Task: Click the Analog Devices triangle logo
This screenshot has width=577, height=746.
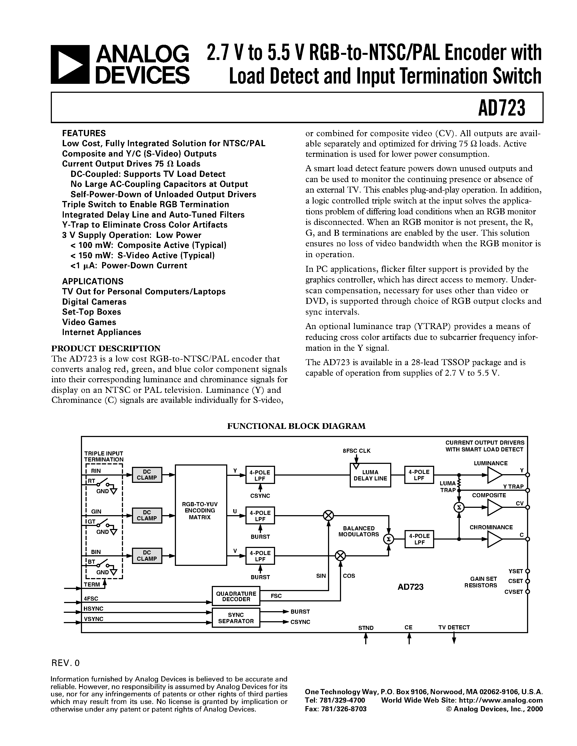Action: pyautogui.click(x=70, y=65)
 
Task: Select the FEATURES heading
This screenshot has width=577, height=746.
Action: pyautogui.click(x=84, y=133)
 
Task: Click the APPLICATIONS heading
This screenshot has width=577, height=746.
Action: pyautogui.click(x=93, y=281)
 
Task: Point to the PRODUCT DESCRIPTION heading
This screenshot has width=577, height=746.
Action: pyautogui.click(x=106, y=348)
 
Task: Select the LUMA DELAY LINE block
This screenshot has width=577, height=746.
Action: pyautogui.click(x=370, y=475)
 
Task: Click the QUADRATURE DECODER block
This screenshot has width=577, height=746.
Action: pyautogui.click(x=236, y=596)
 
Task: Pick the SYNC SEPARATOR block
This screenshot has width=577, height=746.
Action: pyautogui.click(x=236, y=618)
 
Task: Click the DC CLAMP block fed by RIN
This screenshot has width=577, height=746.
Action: pyautogui.click(x=147, y=474)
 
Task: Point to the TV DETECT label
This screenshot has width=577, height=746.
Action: pyautogui.click(x=454, y=627)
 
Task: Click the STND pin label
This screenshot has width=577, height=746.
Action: pyautogui.click(x=366, y=628)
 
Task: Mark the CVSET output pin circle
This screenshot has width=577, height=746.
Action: pyautogui.click(x=527, y=592)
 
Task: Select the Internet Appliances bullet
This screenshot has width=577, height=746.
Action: pyautogui.click(x=102, y=332)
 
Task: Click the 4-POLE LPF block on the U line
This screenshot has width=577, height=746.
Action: pyautogui.click(x=260, y=516)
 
